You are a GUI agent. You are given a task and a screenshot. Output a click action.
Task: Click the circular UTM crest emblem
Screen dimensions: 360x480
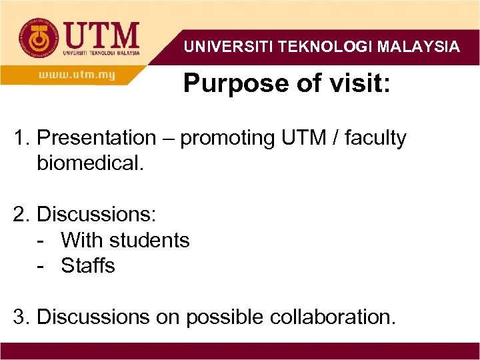click(37, 38)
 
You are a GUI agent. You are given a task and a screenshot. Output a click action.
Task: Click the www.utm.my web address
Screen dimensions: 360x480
click(77, 75)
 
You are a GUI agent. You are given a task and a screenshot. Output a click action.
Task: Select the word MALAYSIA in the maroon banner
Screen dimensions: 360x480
click(418, 47)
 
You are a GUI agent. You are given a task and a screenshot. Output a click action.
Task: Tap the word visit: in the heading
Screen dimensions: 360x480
click(356, 84)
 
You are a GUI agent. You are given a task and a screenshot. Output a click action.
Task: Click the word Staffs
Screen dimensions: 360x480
click(88, 265)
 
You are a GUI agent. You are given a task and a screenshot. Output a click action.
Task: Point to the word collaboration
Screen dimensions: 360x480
click(333, 317)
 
